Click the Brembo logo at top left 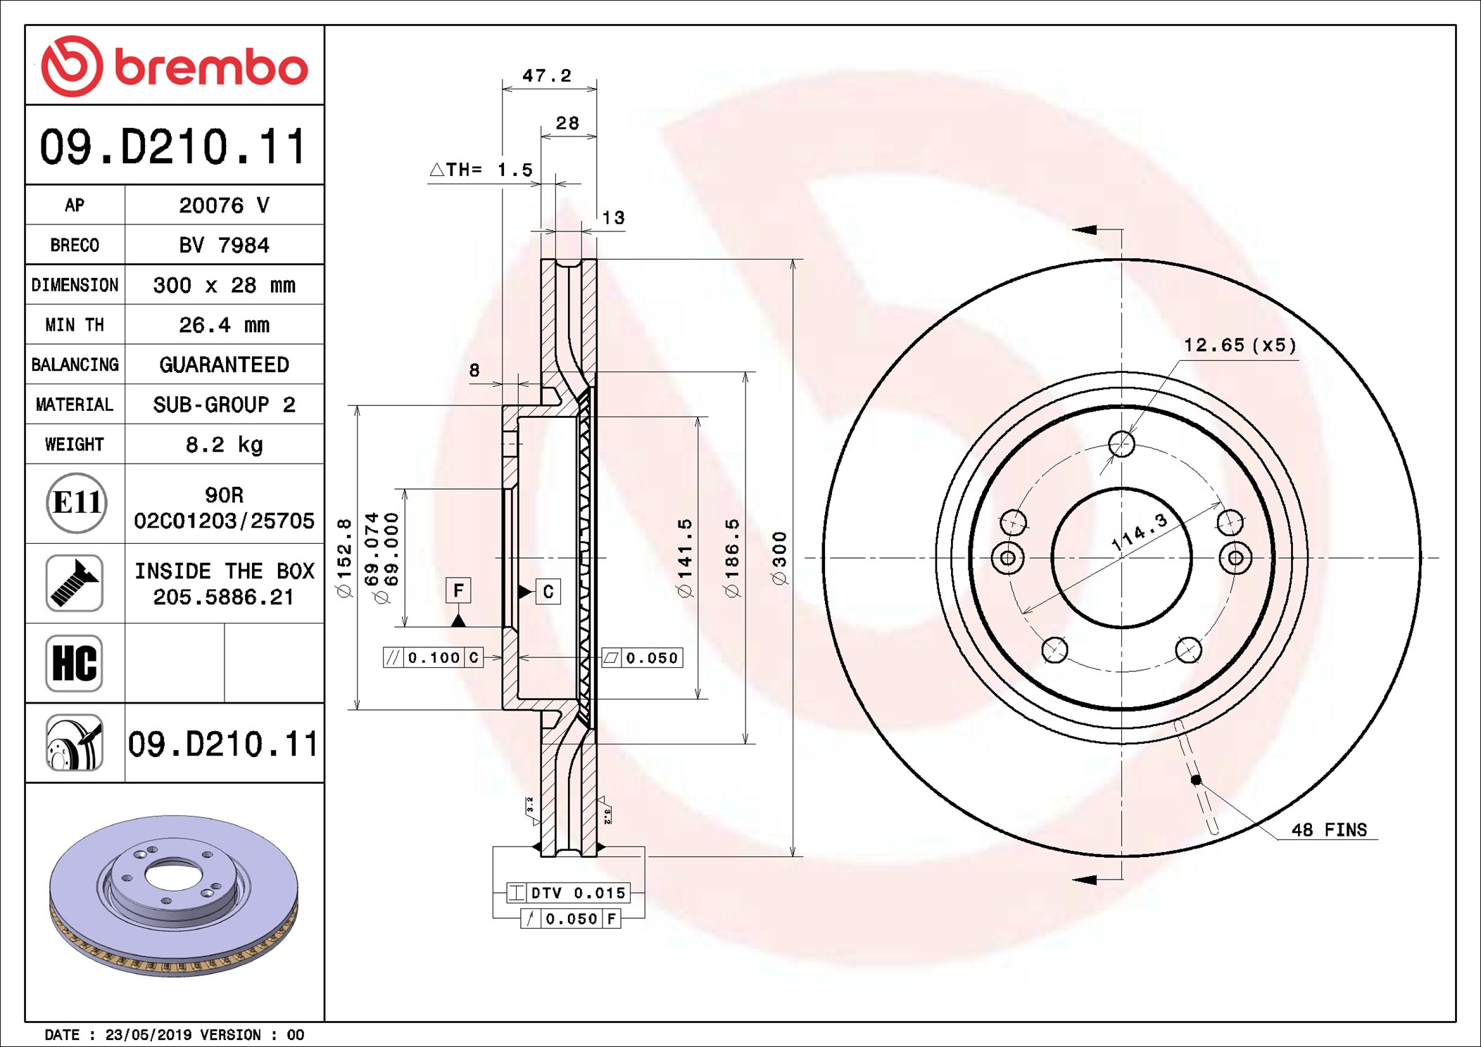point(175,66)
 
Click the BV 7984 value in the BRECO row point(224,245)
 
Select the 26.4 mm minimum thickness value point(224,324)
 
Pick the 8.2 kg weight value point(224,444)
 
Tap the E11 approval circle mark point(77,502)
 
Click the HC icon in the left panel point(75,663)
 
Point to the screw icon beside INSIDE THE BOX point(75,583)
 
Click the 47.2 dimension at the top point(547,75)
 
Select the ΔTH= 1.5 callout point(481,170)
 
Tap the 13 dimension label point(613,217)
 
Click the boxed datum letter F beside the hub point(458,590)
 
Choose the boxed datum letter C point(548,592)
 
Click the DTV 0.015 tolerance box point(568,893)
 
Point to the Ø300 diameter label point(779,558)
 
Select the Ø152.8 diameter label point(344,558)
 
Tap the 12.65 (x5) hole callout point(1240,345)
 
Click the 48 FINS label point(1329,830)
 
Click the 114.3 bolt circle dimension point(1139,532)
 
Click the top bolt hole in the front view point(1121,444)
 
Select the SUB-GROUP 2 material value point(224,405)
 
